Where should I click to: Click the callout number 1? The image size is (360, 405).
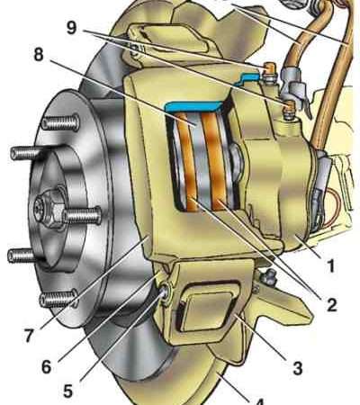(x=330, y=266)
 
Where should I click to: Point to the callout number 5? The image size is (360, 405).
(x=67, y=391)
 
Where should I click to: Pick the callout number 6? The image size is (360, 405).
(x=47, y=366)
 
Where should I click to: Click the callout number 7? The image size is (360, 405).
(x=28, y=336)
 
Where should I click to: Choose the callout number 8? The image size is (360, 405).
(x=39, y=56)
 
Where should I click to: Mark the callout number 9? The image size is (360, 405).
(x=72, y=29)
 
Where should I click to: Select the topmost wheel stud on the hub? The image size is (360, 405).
(x=61, y=123)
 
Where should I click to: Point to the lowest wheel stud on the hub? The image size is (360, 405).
(x=58, y=299)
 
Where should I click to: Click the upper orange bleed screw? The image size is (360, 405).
(x=267, y=69)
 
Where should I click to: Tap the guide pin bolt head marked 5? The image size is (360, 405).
(x=165, y=292)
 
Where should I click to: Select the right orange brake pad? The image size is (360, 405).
(x=216, y=160)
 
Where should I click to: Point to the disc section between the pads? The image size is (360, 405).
(x=200, y=162)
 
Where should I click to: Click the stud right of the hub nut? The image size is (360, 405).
(x=82, y=215)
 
